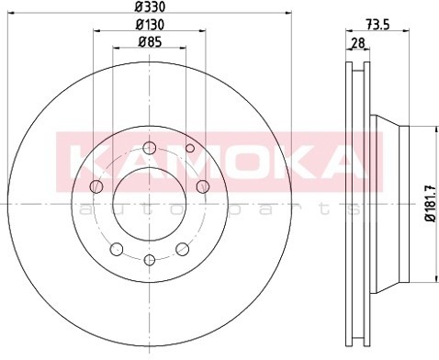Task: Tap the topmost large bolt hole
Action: [149, 141]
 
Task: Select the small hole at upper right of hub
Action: [190, 148]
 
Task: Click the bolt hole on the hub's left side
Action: [95, 186]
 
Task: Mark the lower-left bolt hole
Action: [116, 248]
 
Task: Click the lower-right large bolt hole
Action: [181, 248]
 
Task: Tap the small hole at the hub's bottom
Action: [148, 260]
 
